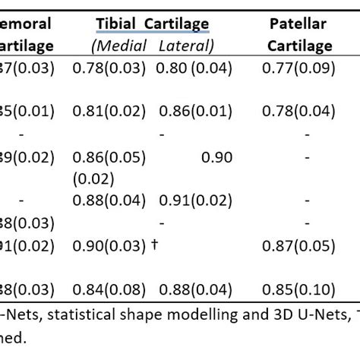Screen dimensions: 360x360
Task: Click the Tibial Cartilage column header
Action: [152, 24]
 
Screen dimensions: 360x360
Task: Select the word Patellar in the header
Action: [298, 24]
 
